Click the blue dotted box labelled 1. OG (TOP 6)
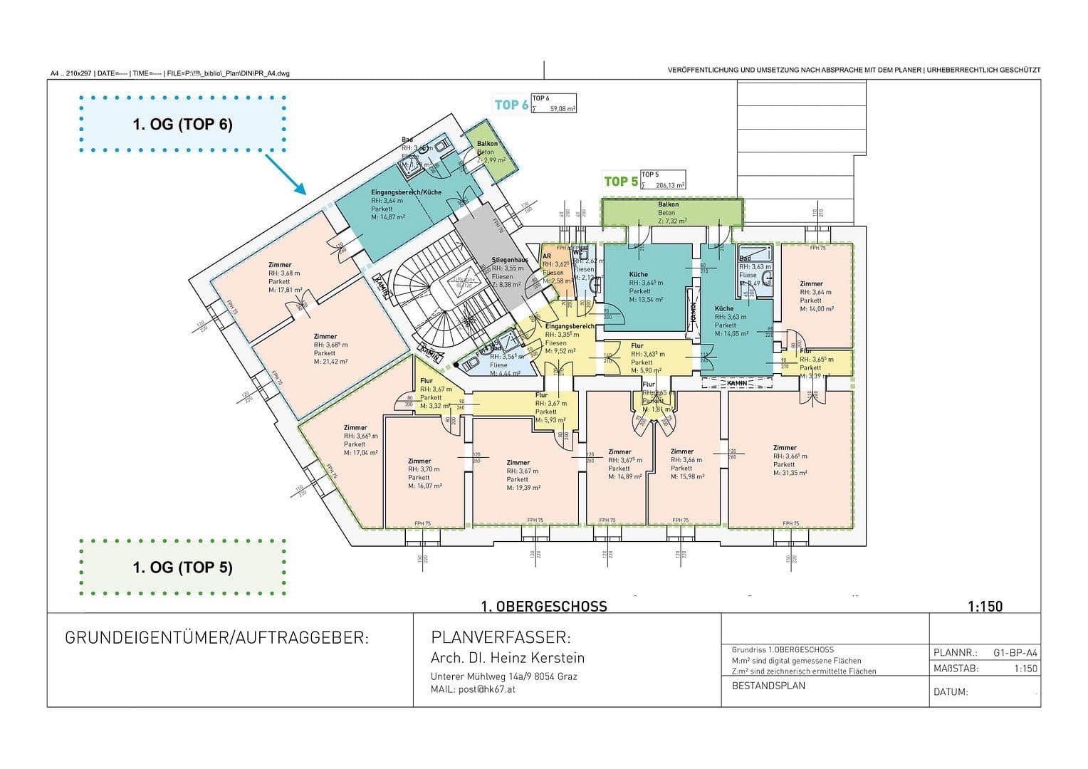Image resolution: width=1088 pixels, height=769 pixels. coord(183,124)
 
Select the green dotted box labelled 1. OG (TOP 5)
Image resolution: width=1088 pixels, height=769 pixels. coord(183,567)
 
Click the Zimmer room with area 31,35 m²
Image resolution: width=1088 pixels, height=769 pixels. coord(790,459)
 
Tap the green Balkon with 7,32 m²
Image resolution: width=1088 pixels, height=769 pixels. coord(669,212)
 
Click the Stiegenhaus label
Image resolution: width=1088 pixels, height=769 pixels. coord(509,261)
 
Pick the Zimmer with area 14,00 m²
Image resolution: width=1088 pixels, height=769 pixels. coord(815,295)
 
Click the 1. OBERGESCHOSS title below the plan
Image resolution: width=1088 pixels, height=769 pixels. coord(544,606)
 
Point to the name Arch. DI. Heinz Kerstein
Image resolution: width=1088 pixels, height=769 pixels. coord(508,658)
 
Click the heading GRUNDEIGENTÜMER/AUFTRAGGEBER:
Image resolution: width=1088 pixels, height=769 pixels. coord(217,638)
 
